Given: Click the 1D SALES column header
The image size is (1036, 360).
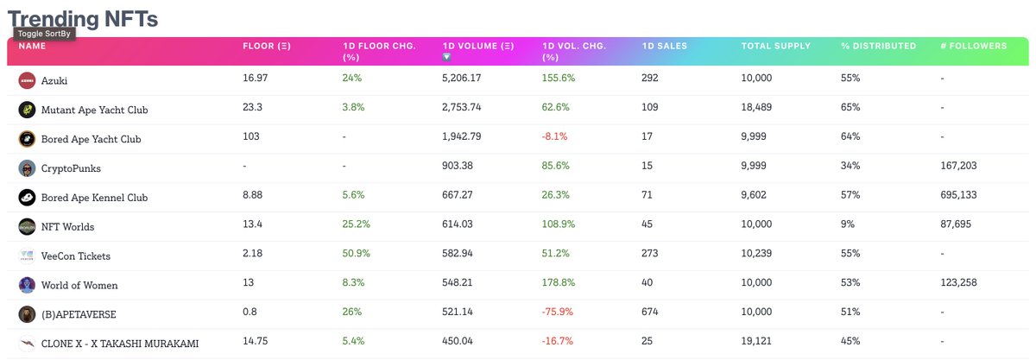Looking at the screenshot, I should point(665,46).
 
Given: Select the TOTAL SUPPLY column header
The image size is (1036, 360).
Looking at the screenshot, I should point(775,46).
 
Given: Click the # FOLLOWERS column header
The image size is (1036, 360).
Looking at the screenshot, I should point(973,46).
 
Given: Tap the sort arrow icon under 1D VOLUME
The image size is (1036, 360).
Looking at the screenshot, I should point(446,57).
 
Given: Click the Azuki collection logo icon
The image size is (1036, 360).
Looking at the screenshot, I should point(27,80).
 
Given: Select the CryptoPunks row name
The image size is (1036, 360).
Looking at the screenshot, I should point(71,168).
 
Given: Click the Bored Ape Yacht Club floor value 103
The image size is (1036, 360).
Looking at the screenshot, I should point(251,137).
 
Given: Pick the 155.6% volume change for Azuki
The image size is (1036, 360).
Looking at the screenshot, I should point(559,79).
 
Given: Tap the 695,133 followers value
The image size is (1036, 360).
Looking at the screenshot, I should point(960,196).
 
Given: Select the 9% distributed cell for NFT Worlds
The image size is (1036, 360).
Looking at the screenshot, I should point(848,225).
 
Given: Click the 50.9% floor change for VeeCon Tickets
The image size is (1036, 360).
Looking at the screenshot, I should point(357,255).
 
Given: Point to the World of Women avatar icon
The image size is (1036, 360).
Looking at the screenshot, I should point(27,285).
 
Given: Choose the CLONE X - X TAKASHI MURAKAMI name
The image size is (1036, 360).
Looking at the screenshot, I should point(119,344).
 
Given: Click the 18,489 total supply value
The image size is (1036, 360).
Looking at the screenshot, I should point(759,108).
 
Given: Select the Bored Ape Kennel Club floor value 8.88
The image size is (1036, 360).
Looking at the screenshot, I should point(254,196).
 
